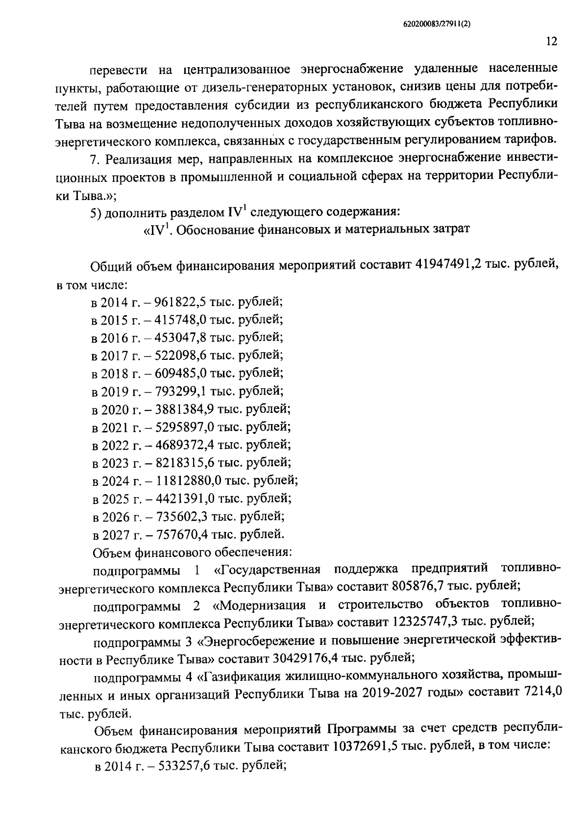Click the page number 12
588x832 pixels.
[x=551, y=42]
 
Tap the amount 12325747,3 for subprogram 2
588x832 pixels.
[x=429, y=622]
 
